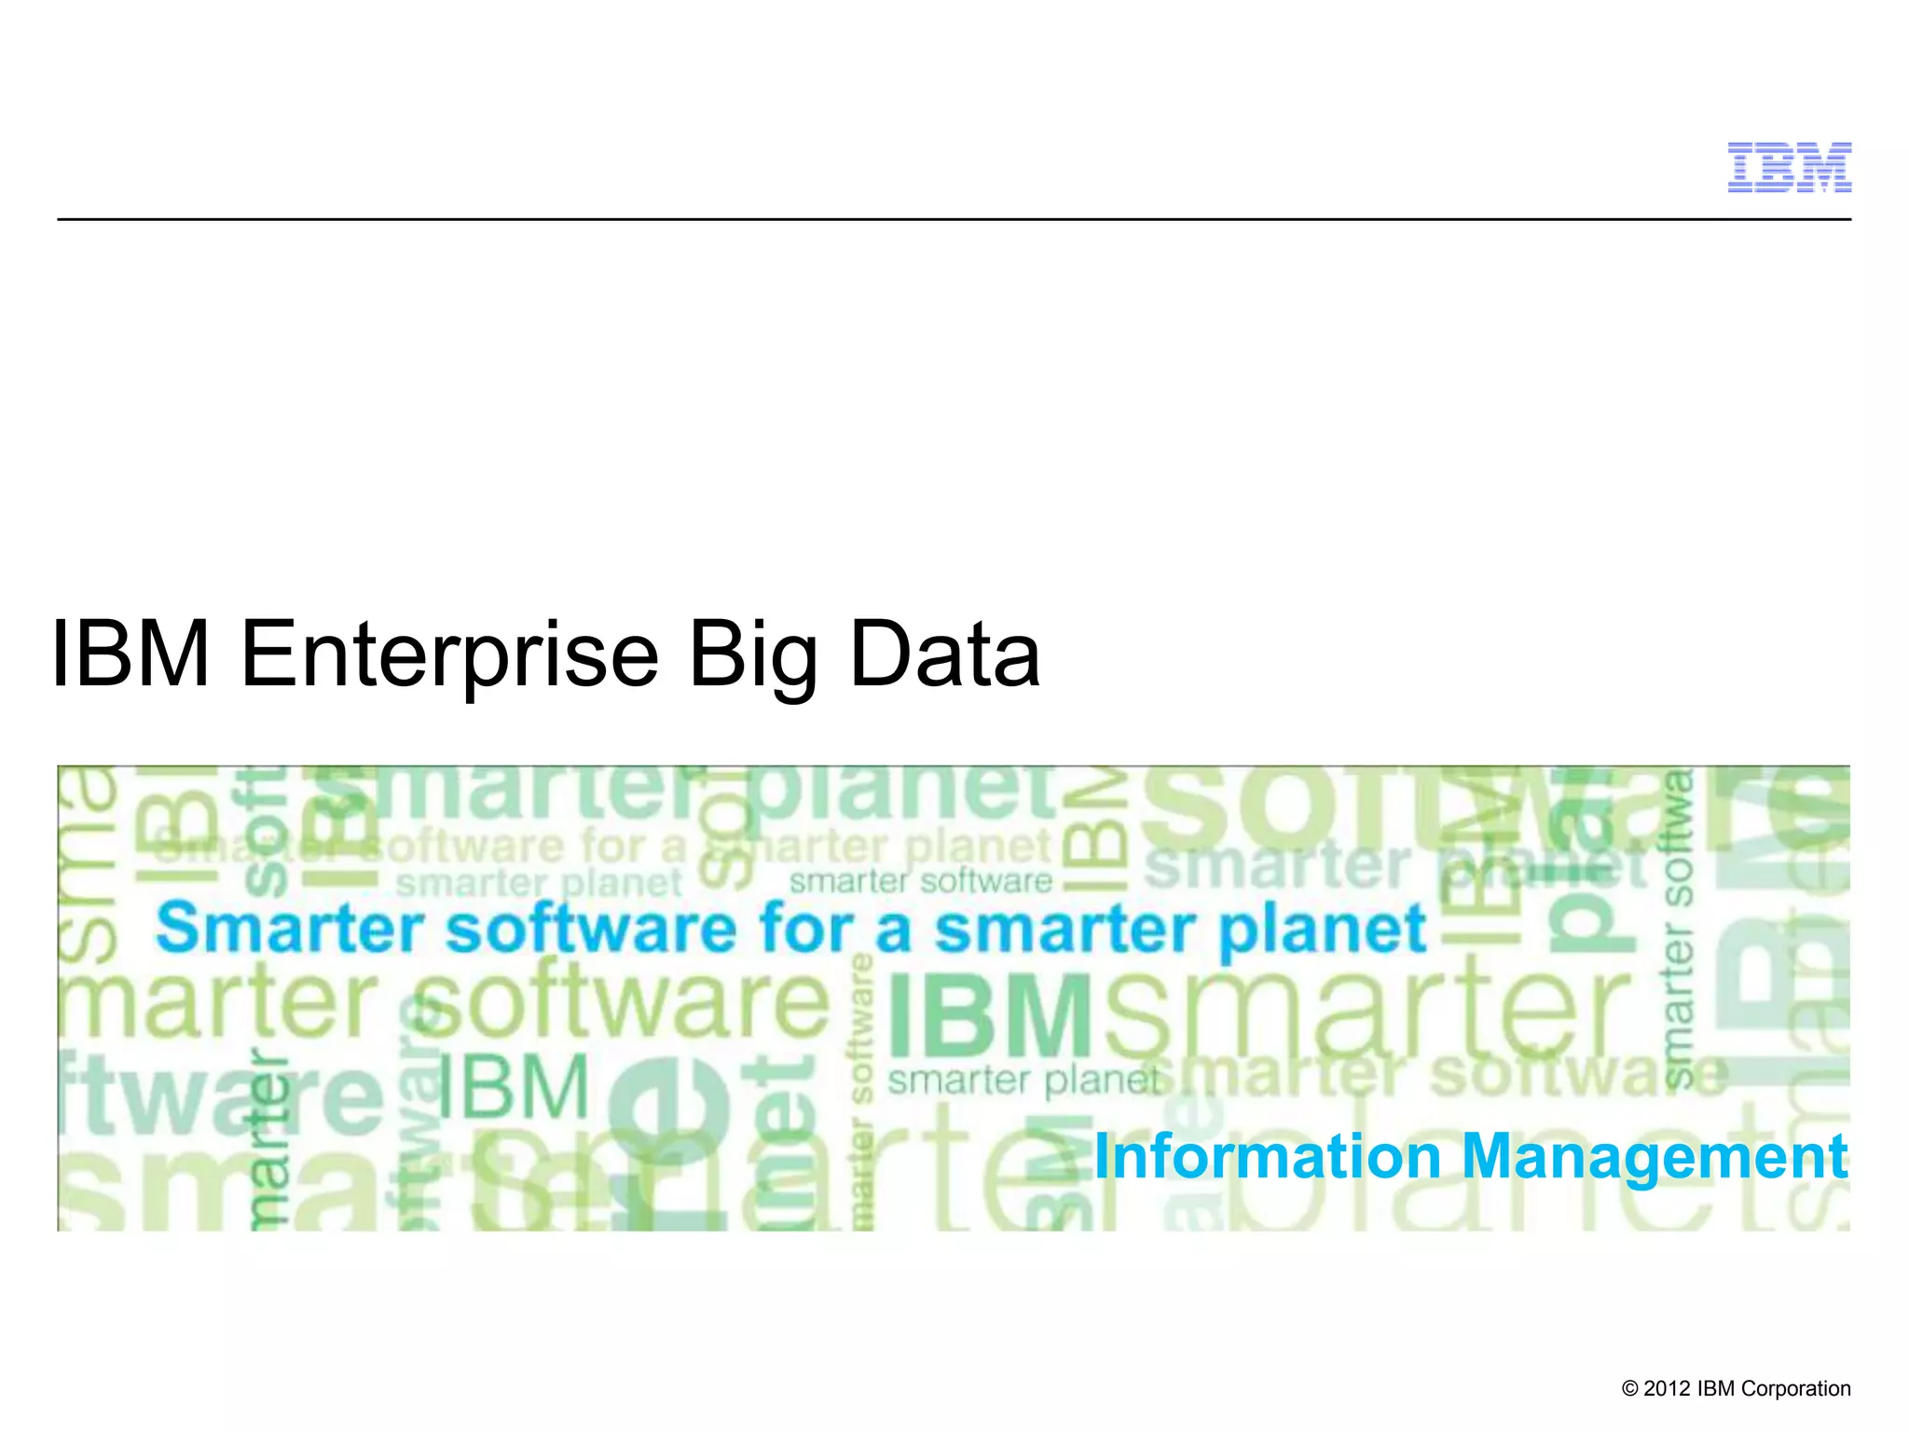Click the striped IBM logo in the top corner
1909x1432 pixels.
coord(1789,168)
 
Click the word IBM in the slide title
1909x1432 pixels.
coord(131,654)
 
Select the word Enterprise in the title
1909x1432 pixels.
coord(449,656)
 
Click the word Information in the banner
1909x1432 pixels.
coord(1267,1156)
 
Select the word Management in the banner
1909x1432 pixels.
coord(1655,1158)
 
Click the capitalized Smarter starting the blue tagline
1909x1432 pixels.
coord(289,929)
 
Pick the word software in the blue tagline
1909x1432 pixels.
coord(591,929)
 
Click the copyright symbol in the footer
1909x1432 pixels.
coord(1629,1389)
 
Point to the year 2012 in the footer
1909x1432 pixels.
coord(1667,1389)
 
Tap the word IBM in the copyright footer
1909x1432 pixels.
coord(1716,1389)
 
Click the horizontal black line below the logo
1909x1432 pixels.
coord(954,220)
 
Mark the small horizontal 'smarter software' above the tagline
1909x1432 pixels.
coord(921,881)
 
